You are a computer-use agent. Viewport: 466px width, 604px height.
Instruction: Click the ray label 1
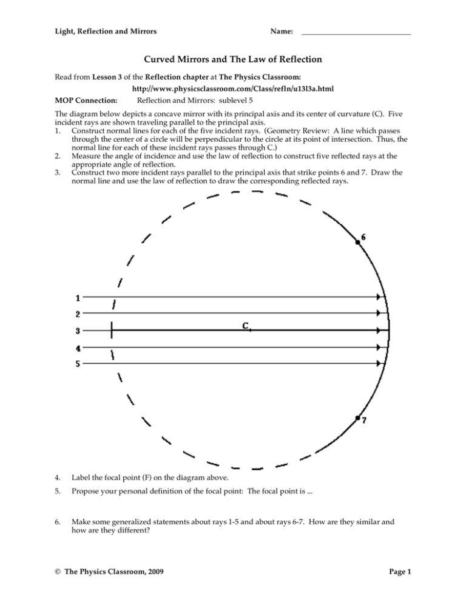pyautogui.click(x=77, y=298)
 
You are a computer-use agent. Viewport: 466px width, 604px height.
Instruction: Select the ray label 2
pyautogui.click(x=77, y=314)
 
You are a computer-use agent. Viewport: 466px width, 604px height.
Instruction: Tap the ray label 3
pyautogui.click(x=77, y=331)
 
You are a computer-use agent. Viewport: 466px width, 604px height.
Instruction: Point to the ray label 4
pyautogui.click(x=77, y=348)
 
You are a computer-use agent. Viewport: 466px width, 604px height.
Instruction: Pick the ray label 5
pyautogui.click(x=77, y=365)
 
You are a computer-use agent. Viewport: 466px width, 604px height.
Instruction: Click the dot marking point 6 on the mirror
pyautogui.click(x=358, y=242)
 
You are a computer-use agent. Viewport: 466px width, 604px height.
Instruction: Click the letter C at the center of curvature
pyautogui.click(x=246, y=326)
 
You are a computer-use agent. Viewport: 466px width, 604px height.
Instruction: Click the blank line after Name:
pyautogui.click(x=356, y=32)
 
